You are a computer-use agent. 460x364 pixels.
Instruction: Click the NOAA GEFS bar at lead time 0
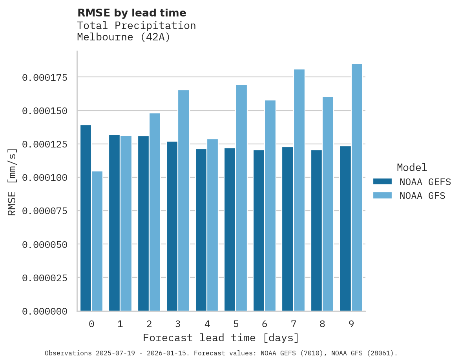(x=86, y=218)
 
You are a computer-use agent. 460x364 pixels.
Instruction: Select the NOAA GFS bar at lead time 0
(x=97, y=241)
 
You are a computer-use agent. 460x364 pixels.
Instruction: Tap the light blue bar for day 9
(x=357, y=187)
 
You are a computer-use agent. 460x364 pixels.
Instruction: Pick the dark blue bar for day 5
(x=230, y=229)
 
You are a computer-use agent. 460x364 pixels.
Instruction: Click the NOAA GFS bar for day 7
(x=299, y=190)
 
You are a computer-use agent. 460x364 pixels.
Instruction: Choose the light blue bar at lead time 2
(x=155, y=212)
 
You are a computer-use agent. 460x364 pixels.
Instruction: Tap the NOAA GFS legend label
(x=422, y=196)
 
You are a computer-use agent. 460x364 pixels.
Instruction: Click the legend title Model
(x=412, y=168)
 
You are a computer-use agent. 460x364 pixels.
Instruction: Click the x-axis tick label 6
(x=265, y=324)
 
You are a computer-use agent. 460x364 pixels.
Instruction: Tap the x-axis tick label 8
(x=322, y=324)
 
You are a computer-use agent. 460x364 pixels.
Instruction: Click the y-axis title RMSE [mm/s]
(x=12, y=182)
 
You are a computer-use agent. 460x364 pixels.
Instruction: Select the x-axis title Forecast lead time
(x=221, y=338)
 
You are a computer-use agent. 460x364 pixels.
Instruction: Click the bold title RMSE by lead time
(x=131, y=13)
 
